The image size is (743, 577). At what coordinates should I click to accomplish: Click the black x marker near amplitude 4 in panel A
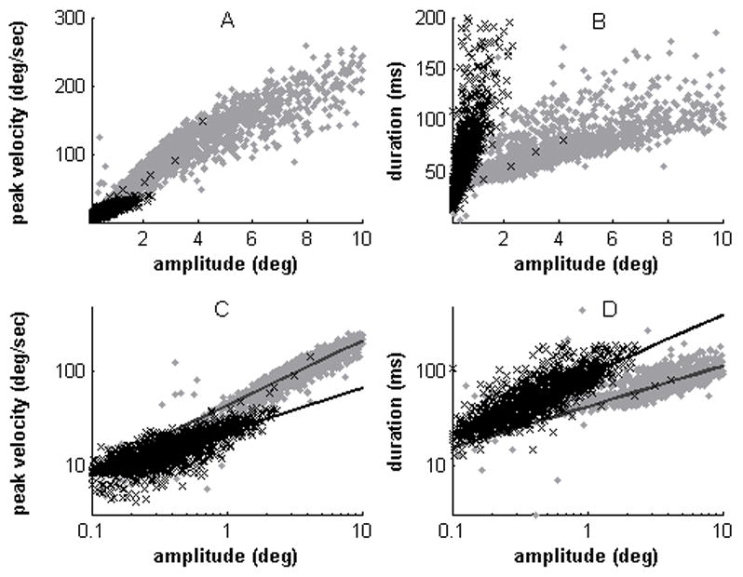(x=203, y=120)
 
